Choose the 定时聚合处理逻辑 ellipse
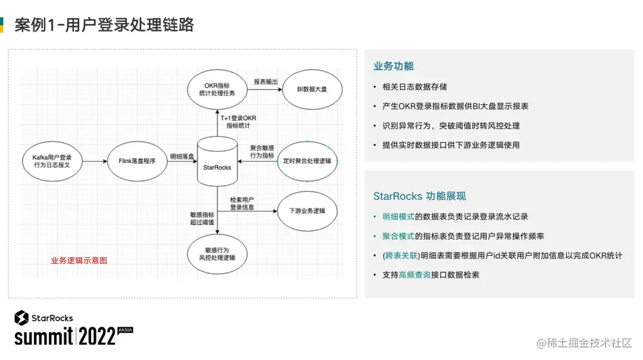click(x=308, y=161)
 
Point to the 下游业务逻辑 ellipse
click(x=307, y=211)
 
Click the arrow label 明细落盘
click(x=181, y=156)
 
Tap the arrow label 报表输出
click(x=266, y=82)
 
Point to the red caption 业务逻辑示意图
click(x=79, y=260)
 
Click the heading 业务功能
click(x=393, y=66)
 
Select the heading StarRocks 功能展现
click(x=419, y=196)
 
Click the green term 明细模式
click(x=398, y=217)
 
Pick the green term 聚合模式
click(x=398, y=236)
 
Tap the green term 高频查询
click(x=414, y=275)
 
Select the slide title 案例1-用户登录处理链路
click(x=104, y=25)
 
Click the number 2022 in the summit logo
click(x=98, y=336)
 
